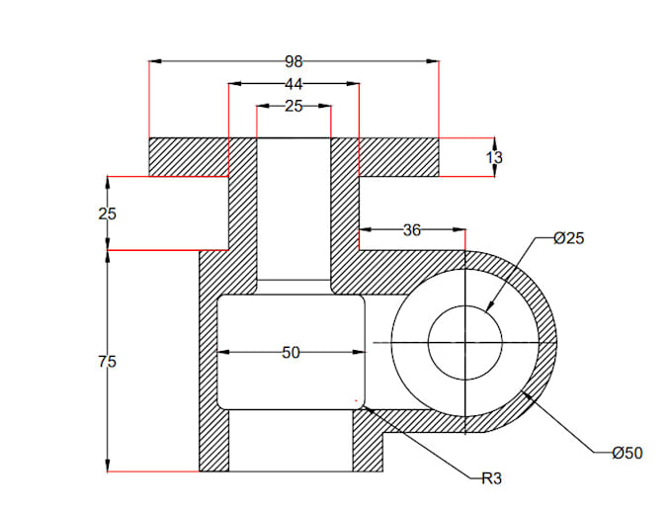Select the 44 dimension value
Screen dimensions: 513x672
coord(294,84)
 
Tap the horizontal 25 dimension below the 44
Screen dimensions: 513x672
coord(294,106)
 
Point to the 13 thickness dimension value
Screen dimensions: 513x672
coord(494,157)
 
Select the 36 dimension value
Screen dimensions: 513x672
coord(412,230)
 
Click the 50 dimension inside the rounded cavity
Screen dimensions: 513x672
coord(291,352)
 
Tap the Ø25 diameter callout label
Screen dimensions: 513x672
coord(569,238)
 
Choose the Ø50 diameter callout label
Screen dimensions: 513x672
coord(627,453)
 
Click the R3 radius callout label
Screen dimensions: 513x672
coord(491,478)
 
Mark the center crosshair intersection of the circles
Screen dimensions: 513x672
coord(464,342)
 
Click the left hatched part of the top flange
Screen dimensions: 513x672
coord(188,156)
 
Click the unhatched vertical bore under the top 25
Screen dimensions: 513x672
coord(294,208)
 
